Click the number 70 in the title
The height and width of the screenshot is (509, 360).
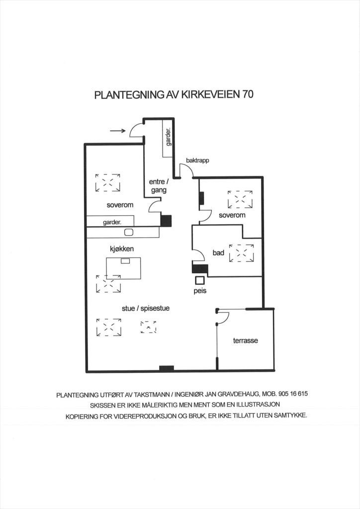tap(247, 94)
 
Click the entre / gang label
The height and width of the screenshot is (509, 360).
tap(159, 186)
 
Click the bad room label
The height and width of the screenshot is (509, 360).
tap(218, 253)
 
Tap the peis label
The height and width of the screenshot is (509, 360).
tap(200, 291)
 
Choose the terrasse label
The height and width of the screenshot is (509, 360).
tap(246, 341)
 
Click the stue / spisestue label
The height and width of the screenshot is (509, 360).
tap(146, 308)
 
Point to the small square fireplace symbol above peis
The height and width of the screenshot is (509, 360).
tap(200, 281)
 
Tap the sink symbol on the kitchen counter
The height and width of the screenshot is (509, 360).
tap(129, 232)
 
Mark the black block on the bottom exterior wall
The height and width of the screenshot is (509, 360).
tap(166, 368)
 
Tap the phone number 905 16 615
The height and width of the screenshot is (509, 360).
tap(291, 394)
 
